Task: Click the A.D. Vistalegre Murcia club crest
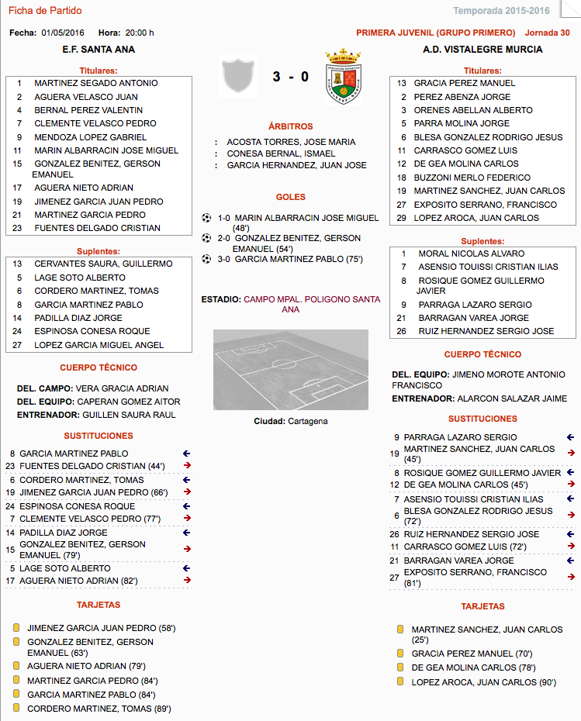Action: tap(344, 77)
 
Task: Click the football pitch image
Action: tap(290, 371)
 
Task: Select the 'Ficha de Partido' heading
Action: tap(45, 11)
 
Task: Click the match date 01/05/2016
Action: tap(64, 33)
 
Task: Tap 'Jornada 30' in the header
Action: tap(547, 33)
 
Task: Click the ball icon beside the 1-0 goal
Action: tap(206, 218)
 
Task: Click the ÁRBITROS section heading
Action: tap(290, 126)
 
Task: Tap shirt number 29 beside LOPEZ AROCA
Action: tap(402, 218)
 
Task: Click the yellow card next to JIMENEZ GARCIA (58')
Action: tap(16, 628)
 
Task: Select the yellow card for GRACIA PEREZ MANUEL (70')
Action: tap(400, 654)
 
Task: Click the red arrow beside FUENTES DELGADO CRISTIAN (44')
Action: tap(186, 466)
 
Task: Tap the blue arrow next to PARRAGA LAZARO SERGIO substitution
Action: tap(570, 437)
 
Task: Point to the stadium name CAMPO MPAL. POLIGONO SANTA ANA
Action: tap(312, 304)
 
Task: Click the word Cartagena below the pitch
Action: tap(307, 421)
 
